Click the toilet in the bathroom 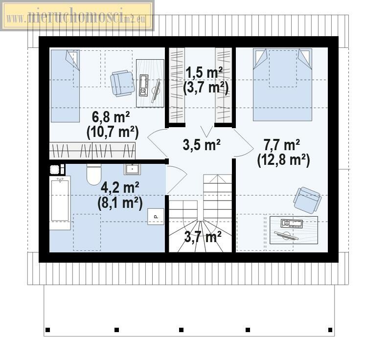pos(94,175)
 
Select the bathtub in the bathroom pos(60,202)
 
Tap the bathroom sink pos(133,169)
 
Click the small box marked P pos(156,217)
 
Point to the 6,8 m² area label pos(111,117)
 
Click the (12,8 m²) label pos(284,160)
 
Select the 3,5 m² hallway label pos(202,145)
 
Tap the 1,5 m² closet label pos(204,73)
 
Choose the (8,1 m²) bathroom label pos(120,203)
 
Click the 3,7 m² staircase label pos(203,237)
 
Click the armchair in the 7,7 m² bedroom pos(307,200)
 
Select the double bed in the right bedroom pos(282,85)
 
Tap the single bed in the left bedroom pos(65,86)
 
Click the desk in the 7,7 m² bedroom pos(294,230)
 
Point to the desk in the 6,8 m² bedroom pos(150,83)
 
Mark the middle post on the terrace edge pos(181,330)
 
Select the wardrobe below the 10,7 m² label pos(92,151)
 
